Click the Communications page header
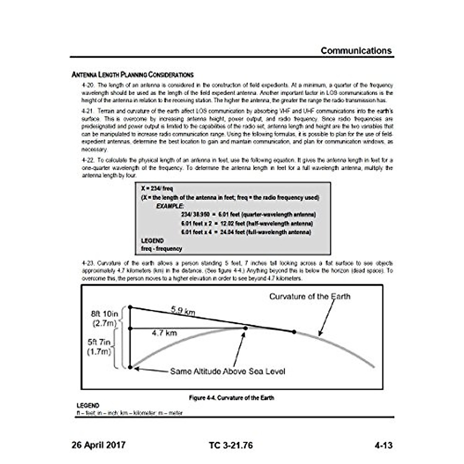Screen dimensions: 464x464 (x=356, y=51)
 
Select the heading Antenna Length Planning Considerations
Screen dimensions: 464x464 (x=132, y=75)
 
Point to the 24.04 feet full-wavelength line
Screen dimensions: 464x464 (x=246, y=232)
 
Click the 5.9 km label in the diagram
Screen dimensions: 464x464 (x=183, y=310)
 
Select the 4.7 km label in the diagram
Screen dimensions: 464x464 (x=164, y=333)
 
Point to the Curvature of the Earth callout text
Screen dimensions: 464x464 (x=310, y=297)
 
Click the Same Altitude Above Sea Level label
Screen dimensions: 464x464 (x=228, y=371)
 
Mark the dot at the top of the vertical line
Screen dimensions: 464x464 (x=130, y=307)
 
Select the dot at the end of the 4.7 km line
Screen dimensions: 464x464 (x=245, y=328)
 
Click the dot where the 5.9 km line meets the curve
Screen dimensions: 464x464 (x=294, y=332)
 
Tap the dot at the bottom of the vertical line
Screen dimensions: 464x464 (x=130, y=367)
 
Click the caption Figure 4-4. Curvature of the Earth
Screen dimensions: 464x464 (x=232, y=397)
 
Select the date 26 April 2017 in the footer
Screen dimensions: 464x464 (x=99, y=445)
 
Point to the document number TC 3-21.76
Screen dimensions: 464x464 (x=231, y=445)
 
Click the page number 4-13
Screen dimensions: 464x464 (x=383, y=445)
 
